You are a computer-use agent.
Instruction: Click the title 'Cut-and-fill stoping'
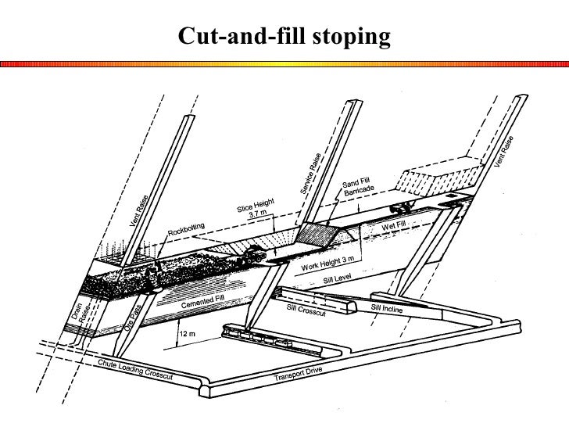tap(284, 36)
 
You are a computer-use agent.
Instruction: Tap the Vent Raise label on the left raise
tap(138, 211)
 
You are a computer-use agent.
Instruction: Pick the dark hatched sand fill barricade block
tap(316, 233)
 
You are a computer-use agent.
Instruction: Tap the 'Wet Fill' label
tap(395, 226)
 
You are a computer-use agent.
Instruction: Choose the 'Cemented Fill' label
tap(202, 300)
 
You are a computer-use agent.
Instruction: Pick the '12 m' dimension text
tap(188, 334)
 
